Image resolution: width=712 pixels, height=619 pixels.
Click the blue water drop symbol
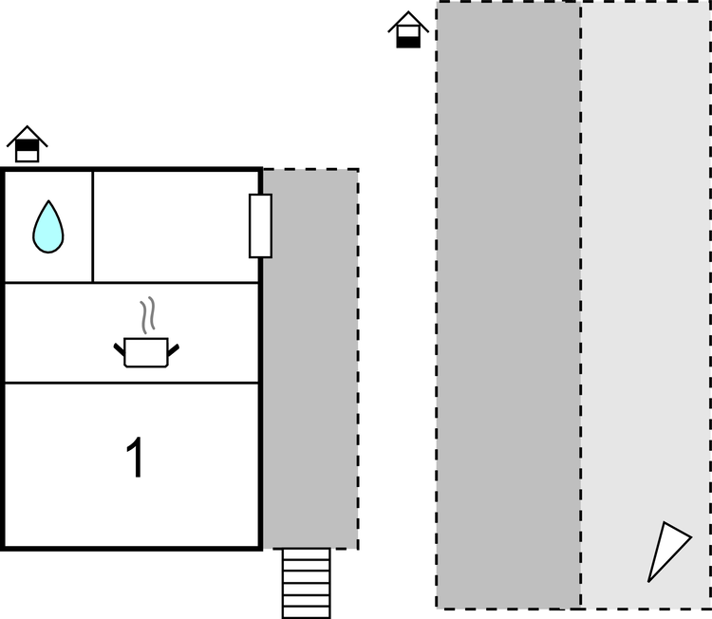click(48, 227)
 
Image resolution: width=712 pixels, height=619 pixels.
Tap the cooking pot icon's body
click(146, 352)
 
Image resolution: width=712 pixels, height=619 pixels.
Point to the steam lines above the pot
click(148, 315)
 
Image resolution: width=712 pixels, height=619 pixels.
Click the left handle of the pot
click(119, 349)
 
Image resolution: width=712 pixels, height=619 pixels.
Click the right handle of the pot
click(174, 349)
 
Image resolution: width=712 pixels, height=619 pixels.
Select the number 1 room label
click(136, 458)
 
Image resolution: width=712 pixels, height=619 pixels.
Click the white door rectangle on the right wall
click(261, 226)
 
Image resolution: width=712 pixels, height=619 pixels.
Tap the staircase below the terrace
click(306, 583)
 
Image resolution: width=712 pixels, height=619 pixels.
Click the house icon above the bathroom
click(28, 144)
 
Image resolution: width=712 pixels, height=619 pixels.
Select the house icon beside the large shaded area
click(408, 29)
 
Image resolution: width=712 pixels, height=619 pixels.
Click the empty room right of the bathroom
click(176, 227)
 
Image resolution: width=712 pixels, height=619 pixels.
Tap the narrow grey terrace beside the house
click(310, 359)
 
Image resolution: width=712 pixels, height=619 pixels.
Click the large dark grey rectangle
click(509, 304)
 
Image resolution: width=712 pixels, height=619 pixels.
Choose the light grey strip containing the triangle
click(646, 304)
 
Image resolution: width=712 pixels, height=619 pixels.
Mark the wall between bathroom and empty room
click(93, 227)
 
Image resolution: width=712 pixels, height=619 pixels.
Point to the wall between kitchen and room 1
click(132, 383)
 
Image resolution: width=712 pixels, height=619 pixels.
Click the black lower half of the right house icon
click(408, 42)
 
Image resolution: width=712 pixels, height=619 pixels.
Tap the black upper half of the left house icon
click(28, 145)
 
